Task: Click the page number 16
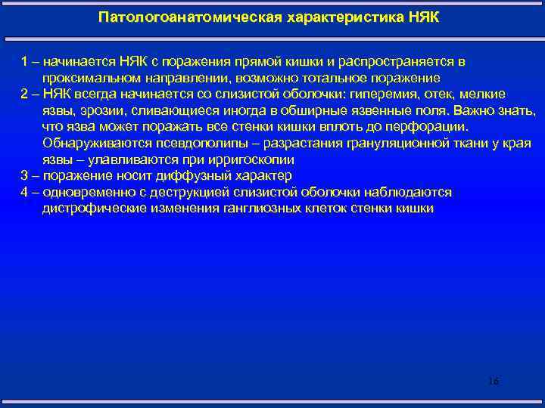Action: tap(493, 381)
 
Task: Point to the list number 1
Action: tap(23, 61)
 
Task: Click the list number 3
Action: tap(24, 175)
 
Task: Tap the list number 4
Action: tap(24, 192)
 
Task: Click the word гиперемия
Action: tap(385, 94)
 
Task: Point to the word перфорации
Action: tap(431, 126)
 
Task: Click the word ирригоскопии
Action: tap(256, 159)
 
